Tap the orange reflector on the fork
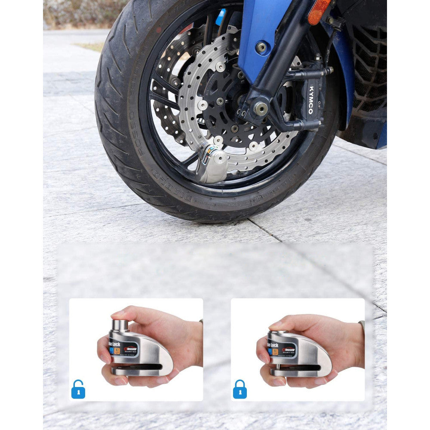pyautogui.click(x=319, y=11)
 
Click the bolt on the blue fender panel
pyautogui.click(x=261, y=47)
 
